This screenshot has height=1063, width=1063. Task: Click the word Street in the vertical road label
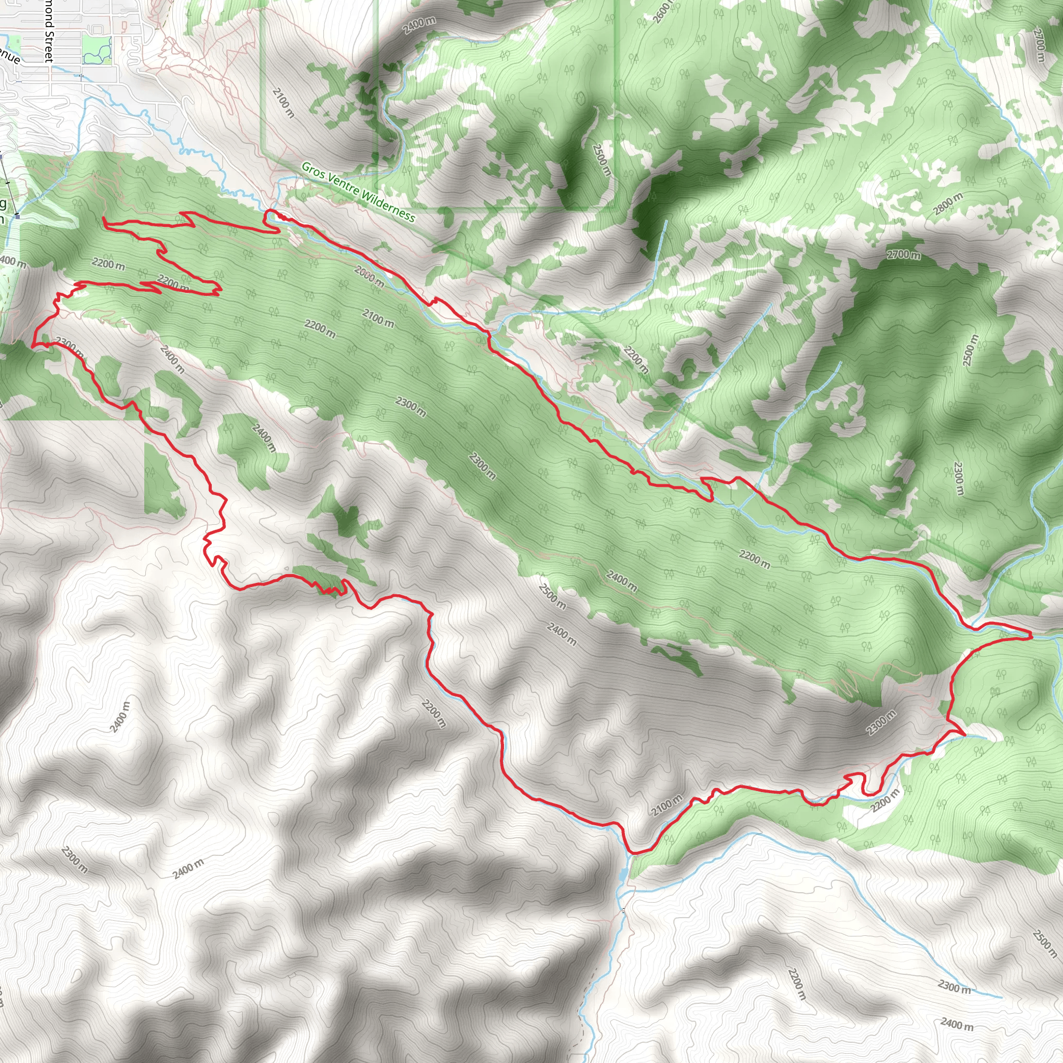pos(48,46)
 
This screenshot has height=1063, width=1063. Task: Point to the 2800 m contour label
pos(948,203)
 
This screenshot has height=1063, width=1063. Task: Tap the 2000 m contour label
pos(369,276)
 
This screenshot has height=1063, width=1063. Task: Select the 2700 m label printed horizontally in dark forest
pos(904,255)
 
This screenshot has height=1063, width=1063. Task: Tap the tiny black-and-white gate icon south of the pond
pos(623,911)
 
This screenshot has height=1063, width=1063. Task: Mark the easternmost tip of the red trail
pos(1030,636)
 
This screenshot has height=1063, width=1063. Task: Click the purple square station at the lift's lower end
pos(18,216)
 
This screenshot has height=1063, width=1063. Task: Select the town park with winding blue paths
pos(97,49)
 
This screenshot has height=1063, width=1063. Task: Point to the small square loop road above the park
pos(98,29)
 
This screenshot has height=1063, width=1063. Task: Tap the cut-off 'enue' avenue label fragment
pos(10,55)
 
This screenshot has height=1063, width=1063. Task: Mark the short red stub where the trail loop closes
pos(104,221)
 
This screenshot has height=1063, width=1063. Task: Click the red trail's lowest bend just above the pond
pos(633,853)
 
